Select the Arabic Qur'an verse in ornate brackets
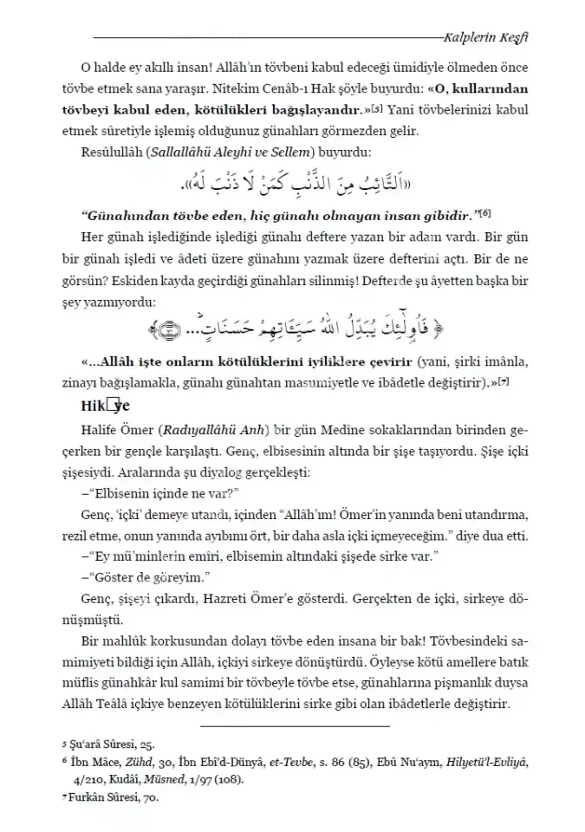pos(293,329)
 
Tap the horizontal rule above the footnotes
pos(293,725)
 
